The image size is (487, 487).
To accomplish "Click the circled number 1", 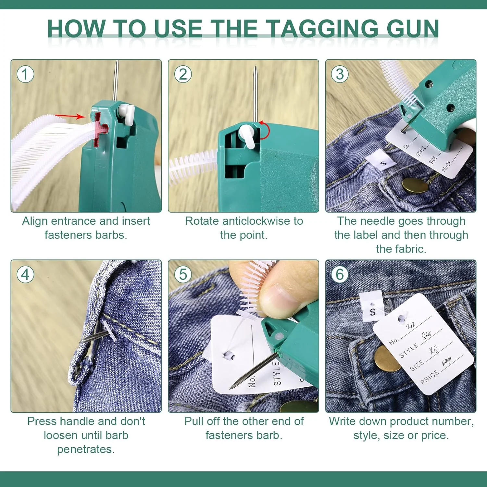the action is coord(25,74).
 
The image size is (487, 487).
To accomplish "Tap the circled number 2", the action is coord(183,74).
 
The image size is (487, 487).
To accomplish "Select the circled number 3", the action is coord(340,74).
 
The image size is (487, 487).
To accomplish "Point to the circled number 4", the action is coord(25,275).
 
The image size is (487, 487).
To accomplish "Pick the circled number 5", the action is coord(183,275).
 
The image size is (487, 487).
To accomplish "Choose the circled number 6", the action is coord(340,275).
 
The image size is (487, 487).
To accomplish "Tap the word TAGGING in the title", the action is coord(323,29).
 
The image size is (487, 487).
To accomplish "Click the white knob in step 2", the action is coord(249,135).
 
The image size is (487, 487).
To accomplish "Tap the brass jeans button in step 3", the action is coord(415,185).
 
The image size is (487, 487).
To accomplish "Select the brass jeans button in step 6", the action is coord(387,358).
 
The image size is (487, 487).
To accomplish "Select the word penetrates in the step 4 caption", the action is coord(86,449).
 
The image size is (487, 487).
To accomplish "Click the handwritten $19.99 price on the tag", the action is coord(447,361).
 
